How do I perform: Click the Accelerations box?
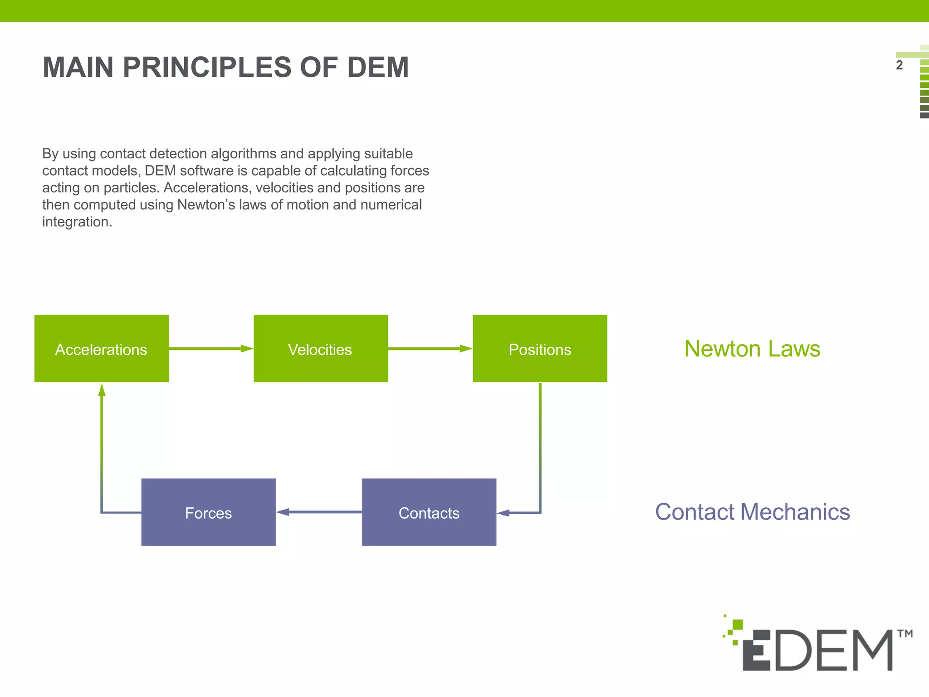102,348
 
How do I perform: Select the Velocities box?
321,348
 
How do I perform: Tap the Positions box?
540,348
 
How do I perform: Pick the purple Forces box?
208,512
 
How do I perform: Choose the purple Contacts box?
429,512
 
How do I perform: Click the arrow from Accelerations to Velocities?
211,348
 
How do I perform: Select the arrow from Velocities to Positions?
430,348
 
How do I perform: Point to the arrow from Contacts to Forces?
318,512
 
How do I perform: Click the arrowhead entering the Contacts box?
503,513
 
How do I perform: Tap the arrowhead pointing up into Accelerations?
102,390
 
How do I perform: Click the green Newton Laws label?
752,348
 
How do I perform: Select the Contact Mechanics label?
752,512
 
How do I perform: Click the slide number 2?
899,65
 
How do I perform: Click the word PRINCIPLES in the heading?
207,67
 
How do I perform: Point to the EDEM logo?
817,649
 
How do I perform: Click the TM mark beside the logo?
905,633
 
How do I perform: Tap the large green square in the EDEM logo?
738,624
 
